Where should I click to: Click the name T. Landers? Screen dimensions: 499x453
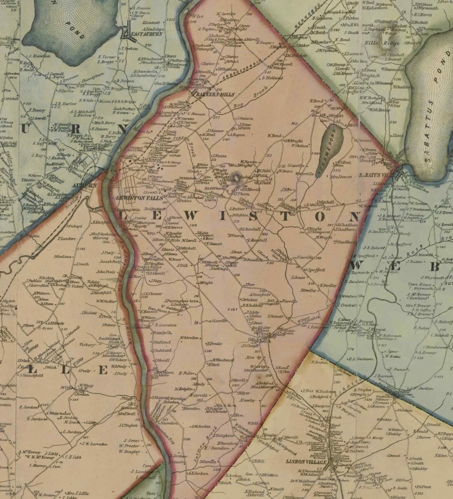click(x=67, y=239)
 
